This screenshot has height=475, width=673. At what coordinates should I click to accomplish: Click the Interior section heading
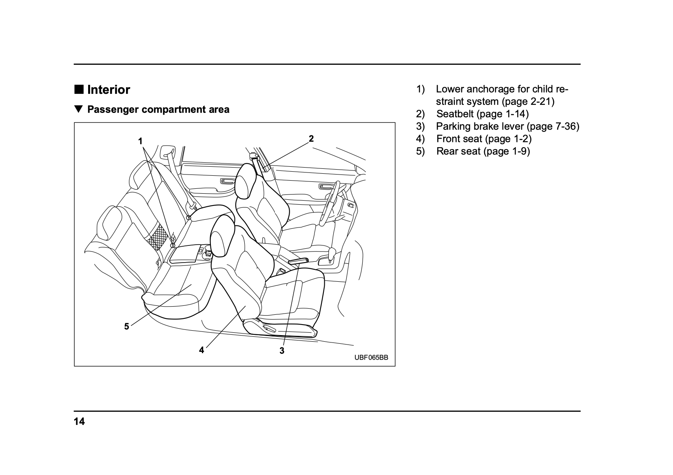(108, 90)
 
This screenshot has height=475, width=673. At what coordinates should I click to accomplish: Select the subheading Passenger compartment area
(158, 109)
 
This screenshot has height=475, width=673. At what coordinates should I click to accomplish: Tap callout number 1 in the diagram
(140, 141)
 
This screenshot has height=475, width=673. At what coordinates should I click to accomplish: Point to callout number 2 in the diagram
(311, 139)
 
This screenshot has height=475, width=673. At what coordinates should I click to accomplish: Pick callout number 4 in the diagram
(201, 350)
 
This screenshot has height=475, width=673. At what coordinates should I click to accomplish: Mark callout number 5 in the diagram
(127, 326)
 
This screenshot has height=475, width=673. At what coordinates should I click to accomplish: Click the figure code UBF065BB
(371, 358)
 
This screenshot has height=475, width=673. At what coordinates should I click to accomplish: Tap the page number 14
(80, 421)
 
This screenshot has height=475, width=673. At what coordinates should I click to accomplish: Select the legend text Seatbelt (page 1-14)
(482, 114)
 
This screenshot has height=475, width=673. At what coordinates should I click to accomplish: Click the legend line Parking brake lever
(507, 126)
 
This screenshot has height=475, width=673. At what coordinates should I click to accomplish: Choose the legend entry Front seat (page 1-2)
(484, 139)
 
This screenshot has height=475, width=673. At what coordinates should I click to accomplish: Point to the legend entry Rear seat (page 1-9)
(483, 151)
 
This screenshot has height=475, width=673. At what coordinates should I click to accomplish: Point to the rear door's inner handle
(225, 181)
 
